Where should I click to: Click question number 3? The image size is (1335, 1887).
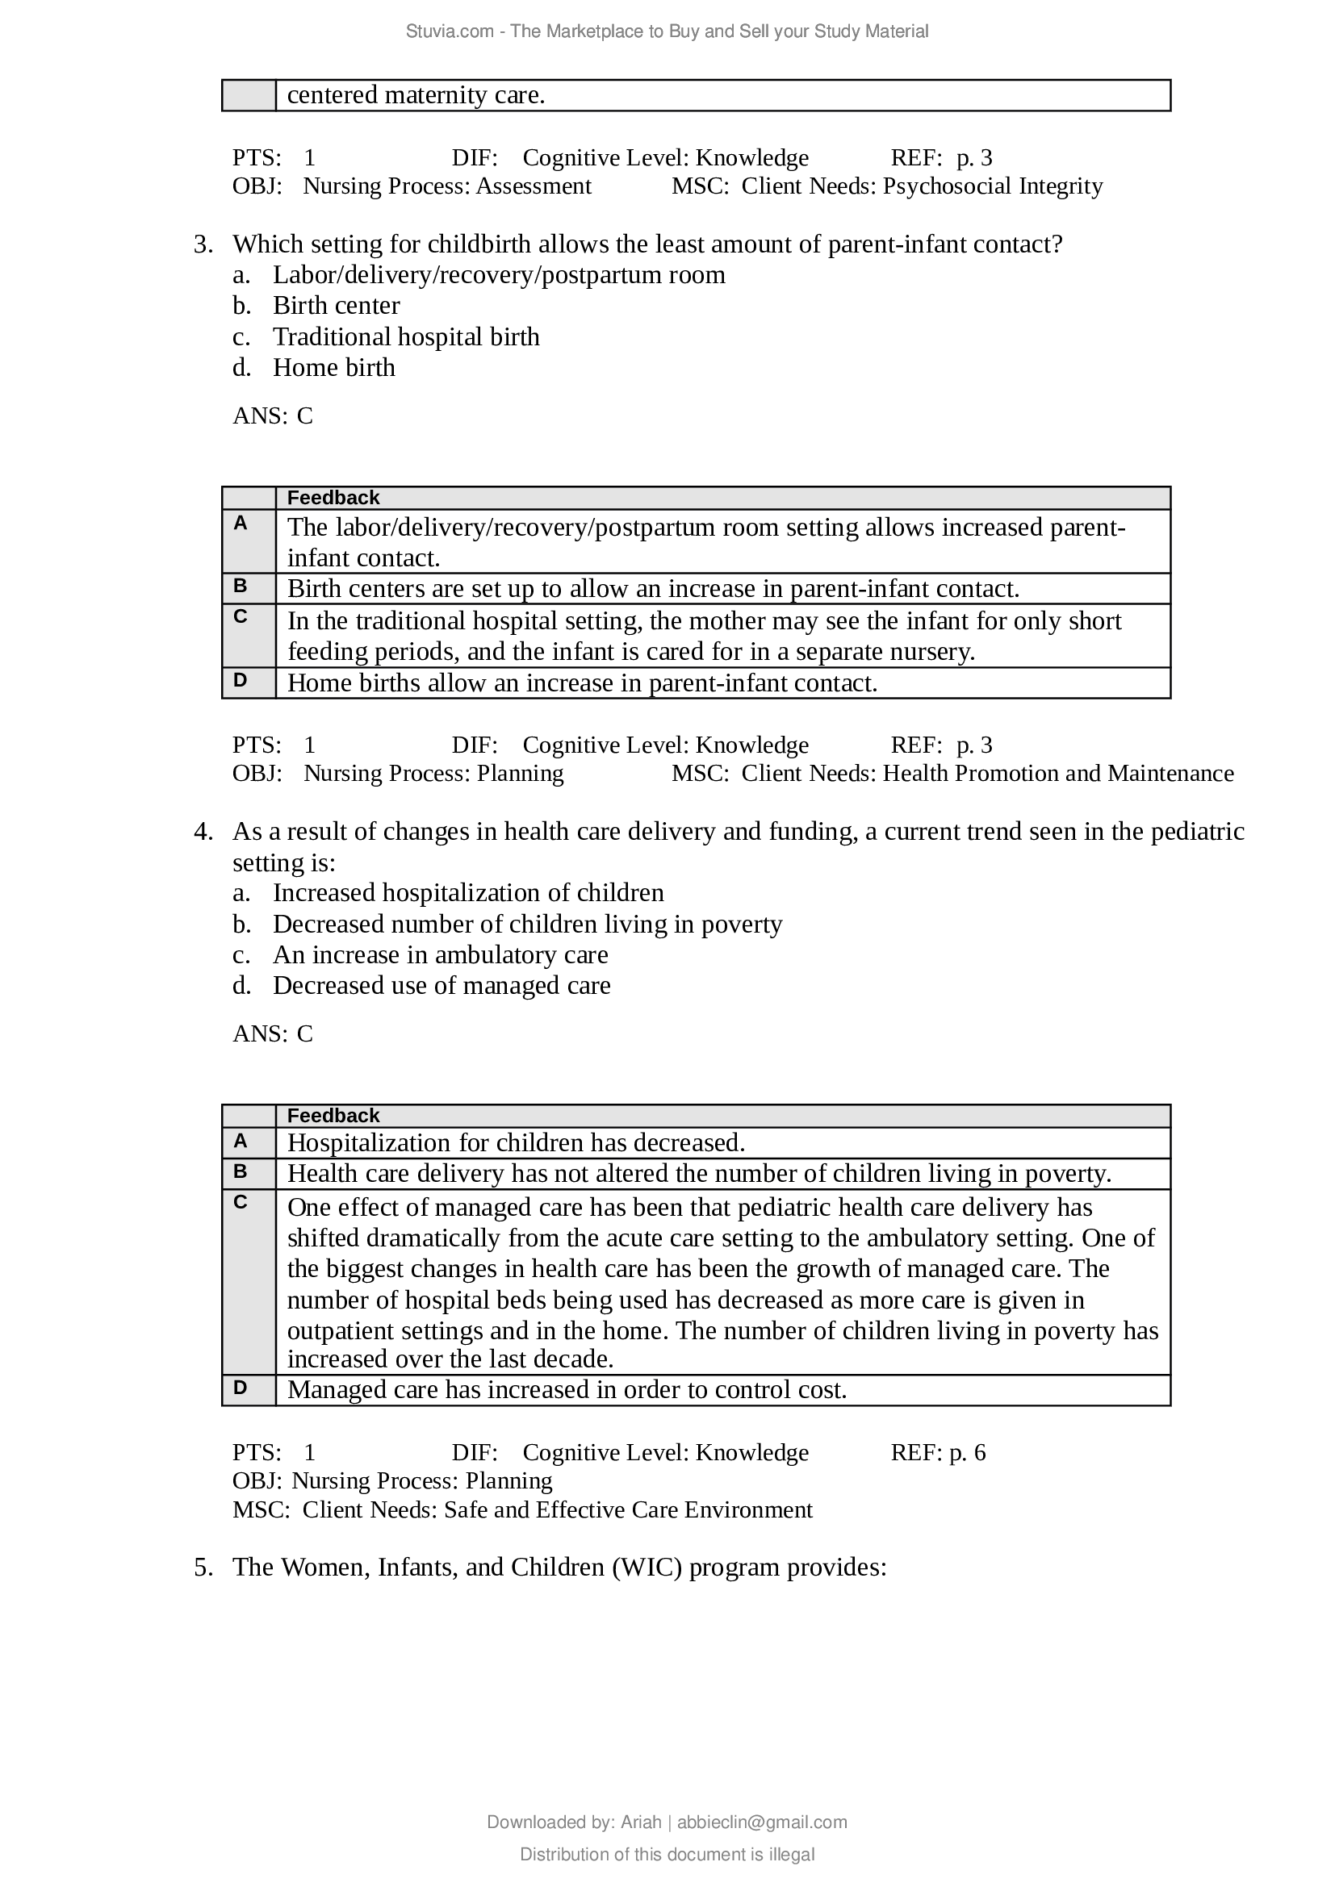203,245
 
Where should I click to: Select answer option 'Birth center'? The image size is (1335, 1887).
337,306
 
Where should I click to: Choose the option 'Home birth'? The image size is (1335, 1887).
334,367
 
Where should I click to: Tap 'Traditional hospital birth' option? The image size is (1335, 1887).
406,337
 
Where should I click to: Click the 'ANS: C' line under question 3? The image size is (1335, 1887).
273,415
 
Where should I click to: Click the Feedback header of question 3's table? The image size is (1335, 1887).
333,498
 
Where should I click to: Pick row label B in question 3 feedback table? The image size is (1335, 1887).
240,587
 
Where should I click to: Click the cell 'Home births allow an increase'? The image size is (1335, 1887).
582,683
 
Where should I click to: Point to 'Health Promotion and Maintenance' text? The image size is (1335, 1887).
1058,774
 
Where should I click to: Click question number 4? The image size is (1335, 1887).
203,832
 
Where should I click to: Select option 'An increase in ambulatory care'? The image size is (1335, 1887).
441,955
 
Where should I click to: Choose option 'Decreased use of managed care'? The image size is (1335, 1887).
442,985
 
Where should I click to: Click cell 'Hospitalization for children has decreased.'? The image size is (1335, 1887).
517,1143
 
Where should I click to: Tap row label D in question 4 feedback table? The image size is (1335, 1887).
240,1388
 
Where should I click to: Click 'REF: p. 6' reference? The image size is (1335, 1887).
938,1453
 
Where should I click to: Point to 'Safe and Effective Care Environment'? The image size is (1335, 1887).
628,1510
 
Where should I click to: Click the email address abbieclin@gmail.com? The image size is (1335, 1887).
762,1822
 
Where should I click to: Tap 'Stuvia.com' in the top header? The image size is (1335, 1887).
449,31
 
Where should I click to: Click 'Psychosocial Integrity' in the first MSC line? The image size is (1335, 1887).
992,186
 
